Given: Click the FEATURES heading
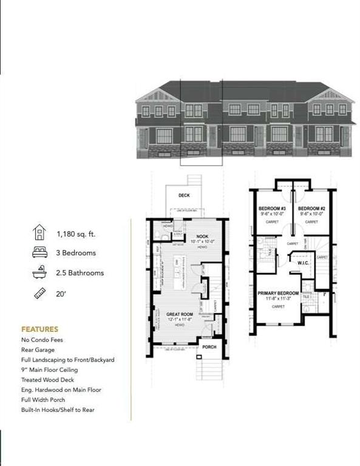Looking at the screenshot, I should tap(39, 329).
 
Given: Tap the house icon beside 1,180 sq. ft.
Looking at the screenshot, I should tap(39, 233).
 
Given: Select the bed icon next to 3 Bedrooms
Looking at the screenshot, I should tap(39, 253).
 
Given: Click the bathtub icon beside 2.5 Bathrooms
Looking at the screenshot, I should tap(39, 273).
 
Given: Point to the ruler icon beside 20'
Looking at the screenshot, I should tap(39, 294).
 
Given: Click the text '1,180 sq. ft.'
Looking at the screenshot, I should tap(76, 234).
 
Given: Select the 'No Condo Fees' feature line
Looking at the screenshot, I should tap(42, 340).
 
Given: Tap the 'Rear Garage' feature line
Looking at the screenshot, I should tap(39, 349).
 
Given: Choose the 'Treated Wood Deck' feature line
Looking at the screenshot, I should tap(47, 380).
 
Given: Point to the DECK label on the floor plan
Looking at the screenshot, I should tap(184, 195).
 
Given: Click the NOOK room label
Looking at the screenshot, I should tap(202, 237).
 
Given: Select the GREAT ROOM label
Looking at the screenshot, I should tap(179, 314).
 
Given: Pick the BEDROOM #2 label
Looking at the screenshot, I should tap(311, 208).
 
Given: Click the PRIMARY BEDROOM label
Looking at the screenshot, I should tap(278, 293).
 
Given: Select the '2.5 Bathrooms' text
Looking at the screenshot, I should tap(80, 273).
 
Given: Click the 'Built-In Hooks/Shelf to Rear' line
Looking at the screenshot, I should tap(58, 410).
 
